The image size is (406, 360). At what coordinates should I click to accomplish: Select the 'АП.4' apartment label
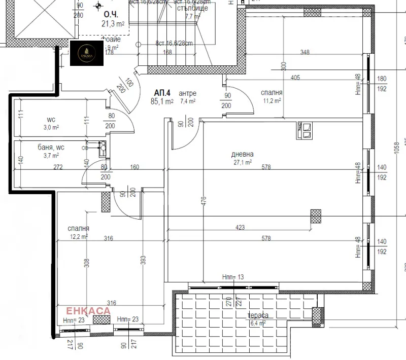click(x=162, y=93)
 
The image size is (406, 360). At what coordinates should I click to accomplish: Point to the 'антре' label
click(x=187, y=93)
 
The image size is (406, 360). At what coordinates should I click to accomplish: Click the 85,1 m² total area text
click(x=162, y=101)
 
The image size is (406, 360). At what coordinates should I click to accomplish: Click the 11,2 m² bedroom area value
click(x=272, y=100)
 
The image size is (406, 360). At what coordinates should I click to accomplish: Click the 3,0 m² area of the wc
click(x=51, y=127)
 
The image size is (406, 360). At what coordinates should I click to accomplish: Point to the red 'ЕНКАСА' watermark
click(x=89, y=310)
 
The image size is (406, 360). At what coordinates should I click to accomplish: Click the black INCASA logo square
click(x=87, y=53)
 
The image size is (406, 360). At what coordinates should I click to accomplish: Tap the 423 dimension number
click(x=241, y=228)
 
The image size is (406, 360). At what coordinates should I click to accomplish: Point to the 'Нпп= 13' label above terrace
click(x=232, y=277)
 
